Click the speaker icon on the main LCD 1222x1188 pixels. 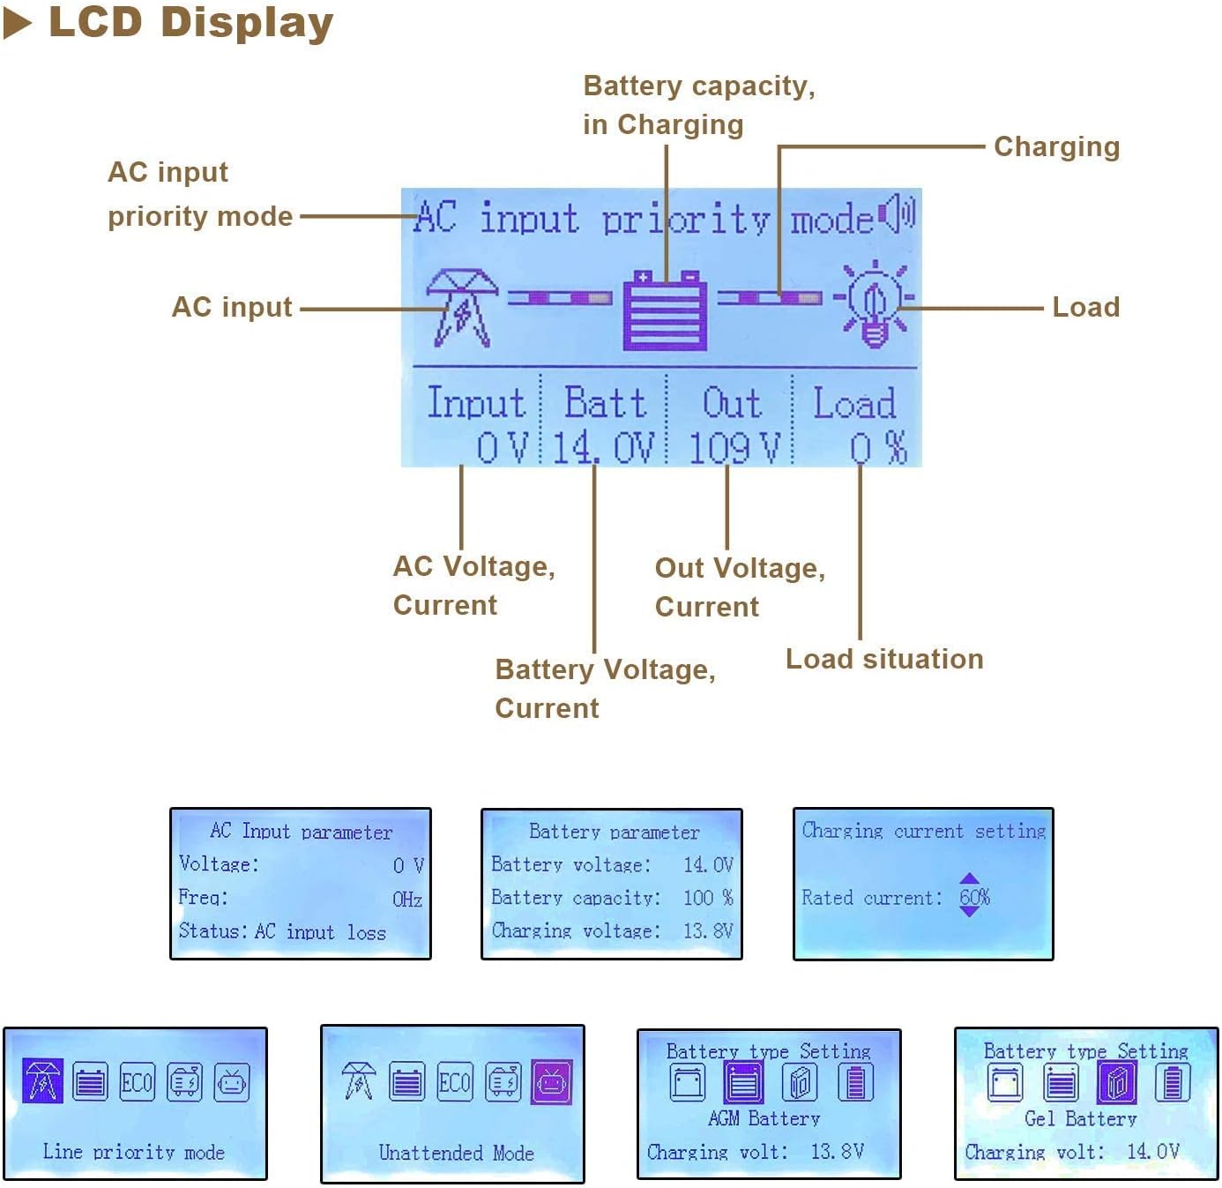tap(897, 213)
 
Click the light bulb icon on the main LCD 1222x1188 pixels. tap(874, 304)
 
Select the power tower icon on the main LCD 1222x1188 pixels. tap(461, 308)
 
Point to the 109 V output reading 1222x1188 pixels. tap(734, 448)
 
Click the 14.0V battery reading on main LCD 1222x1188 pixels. tap(603, 448)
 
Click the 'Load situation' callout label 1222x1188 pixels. tap(884, 659)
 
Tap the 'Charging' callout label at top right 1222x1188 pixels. tap(1057, 147)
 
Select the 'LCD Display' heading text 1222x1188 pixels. tap(191, 23)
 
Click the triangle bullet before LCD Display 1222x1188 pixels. tap(17, 25)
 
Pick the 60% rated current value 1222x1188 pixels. tap(974, 896)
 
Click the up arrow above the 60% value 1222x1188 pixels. tap(970, 878)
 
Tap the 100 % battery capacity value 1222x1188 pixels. tap(708, 897)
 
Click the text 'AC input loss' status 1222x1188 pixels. tap(320, 930)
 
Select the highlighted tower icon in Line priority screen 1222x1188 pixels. tap(42, 1080)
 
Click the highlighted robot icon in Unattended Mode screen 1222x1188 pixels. tap(551, 1082)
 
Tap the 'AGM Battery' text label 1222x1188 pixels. tap(764, 1118)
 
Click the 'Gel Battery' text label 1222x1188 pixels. tap(1081, 1118)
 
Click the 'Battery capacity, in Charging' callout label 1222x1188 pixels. tap(699, 105)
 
